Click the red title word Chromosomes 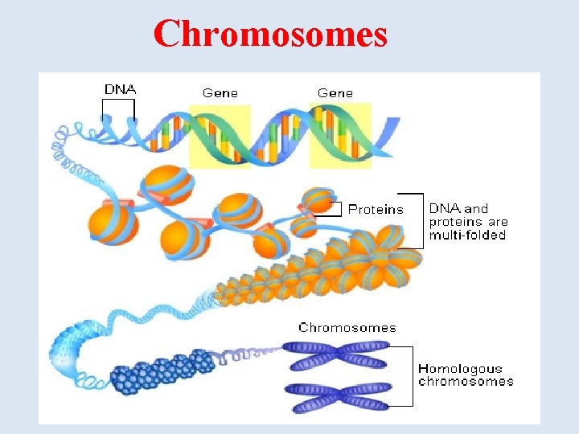[x=270, y=35]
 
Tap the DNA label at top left [x=120, y=88]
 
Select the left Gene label [x=220, y=92]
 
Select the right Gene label [x=335, y=92]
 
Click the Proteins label [x=376, y=209]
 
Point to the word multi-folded [x=467, y=235]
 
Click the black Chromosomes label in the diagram [x=347, y=327]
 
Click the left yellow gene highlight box [x=219, y=135]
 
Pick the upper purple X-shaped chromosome [x=339, y=356]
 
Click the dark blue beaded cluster [x=161, y=371]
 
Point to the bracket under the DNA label [x=118, y=117]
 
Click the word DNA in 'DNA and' [x=442, y=208]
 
